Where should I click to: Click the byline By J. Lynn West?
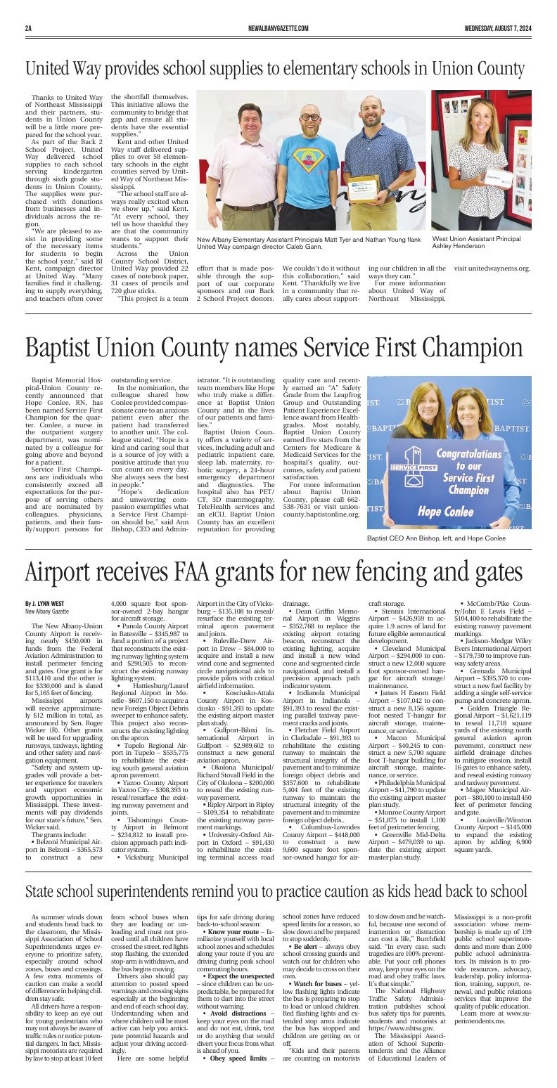(x=44, y=603)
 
